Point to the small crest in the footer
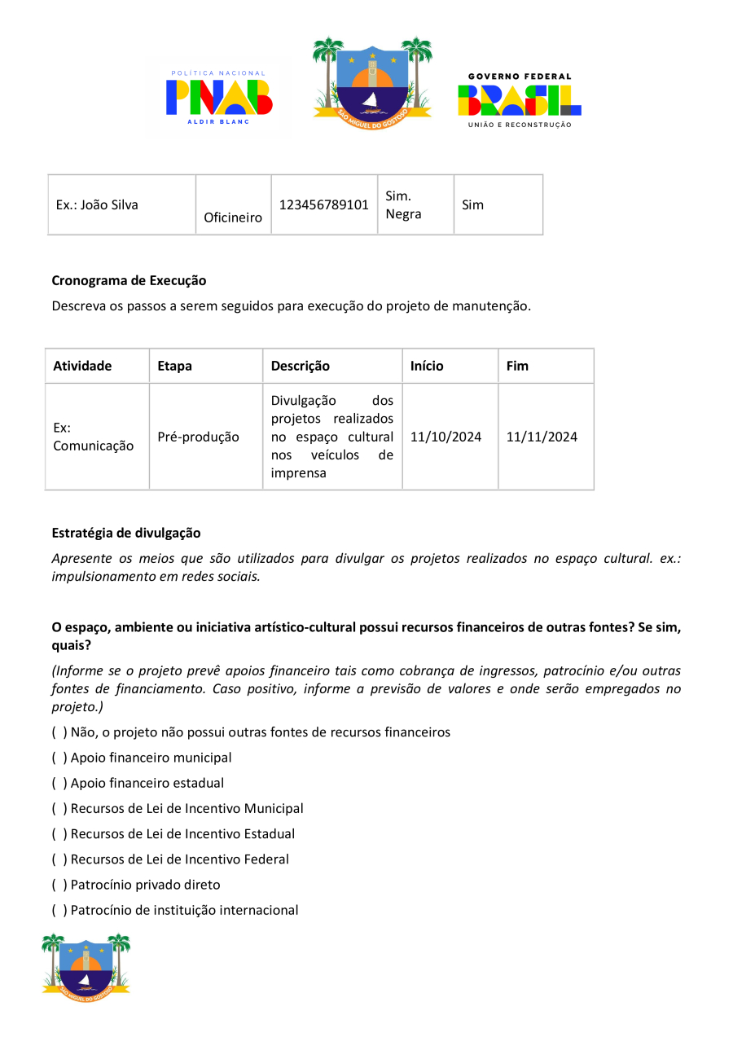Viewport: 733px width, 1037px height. coord(86,967)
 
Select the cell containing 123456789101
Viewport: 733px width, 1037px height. coord(324,204)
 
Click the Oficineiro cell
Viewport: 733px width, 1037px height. coord(233,218)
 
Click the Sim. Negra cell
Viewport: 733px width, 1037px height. coord(404,204)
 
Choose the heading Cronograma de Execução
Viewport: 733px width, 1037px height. coord(129,280)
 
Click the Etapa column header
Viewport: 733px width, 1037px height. coord(175,366)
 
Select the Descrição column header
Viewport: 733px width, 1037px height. coord(301,366)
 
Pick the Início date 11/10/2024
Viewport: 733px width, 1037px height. coord(446,437)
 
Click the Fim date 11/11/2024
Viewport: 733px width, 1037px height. coord(542,437)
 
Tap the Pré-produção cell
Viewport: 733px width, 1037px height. coord(199,437)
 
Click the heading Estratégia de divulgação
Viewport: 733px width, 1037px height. coord(125,533)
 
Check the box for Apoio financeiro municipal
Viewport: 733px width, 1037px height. coord(59,758)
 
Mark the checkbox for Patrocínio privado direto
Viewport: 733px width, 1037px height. coord(59,885)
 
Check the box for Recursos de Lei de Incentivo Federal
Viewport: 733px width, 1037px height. coord(59,859)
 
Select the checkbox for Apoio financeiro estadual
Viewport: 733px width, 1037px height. coord(59,783)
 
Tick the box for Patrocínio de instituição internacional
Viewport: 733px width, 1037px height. coord(59,910)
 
